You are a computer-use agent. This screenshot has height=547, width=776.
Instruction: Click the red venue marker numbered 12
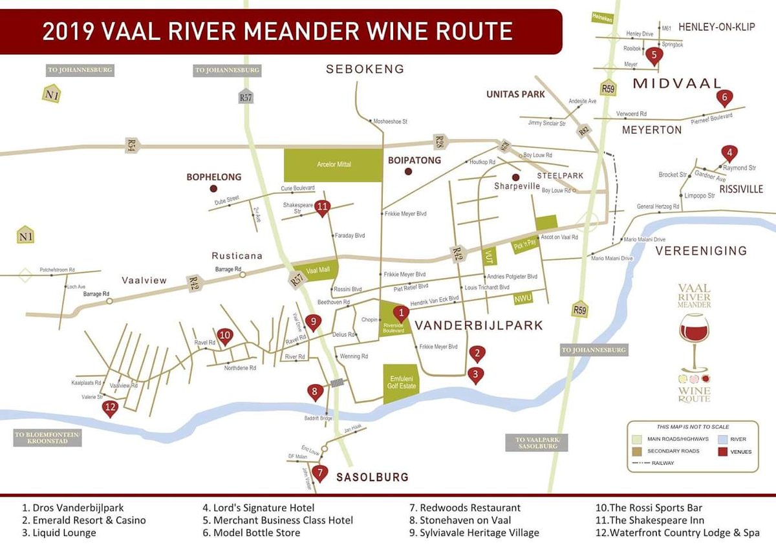[110, 409]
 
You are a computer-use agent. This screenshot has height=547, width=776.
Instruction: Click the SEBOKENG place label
[365, 69]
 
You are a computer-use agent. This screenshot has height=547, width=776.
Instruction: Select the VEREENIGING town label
[700, 251]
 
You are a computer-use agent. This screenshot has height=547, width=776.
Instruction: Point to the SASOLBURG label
[372, 477]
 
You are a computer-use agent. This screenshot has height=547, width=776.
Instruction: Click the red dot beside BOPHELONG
[213, 189]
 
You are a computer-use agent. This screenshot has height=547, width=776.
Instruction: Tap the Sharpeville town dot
[515, 177]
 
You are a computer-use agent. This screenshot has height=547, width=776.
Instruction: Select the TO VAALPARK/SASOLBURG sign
[536, 443]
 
